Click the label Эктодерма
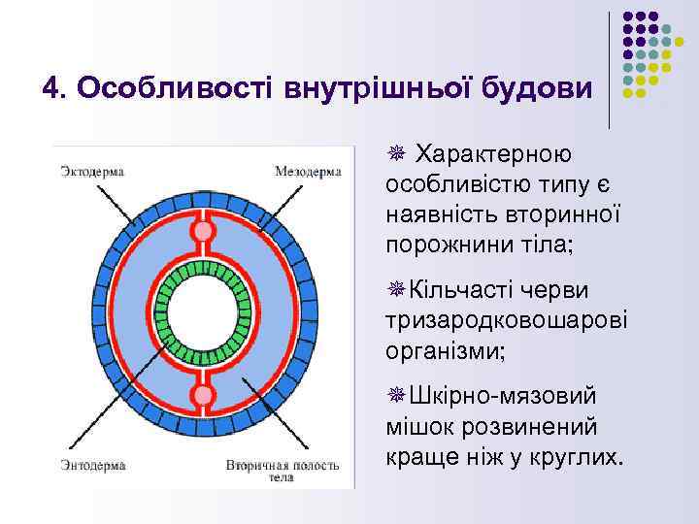[x=92, y=172]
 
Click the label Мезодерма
[x=308, y=172]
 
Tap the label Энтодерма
[x=92, y=465]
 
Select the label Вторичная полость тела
[x=283, y=472]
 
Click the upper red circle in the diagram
[x=203, y=232]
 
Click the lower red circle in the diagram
[x=203, y=395]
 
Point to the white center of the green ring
[x=203, y=313]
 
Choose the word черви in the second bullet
[x=568, y=290]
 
